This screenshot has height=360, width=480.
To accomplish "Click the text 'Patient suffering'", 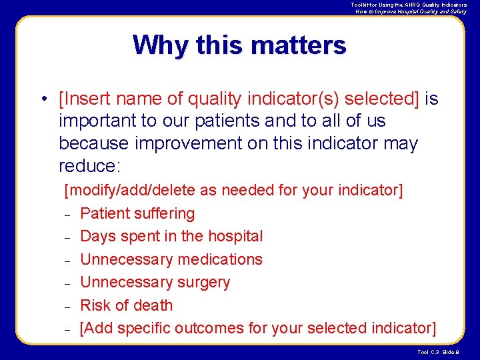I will [x=137, y=213].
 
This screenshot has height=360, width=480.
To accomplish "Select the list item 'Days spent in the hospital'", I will [x=171, y=236].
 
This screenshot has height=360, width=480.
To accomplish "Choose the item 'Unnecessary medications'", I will [x=171, y=259].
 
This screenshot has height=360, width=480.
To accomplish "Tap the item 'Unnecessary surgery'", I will [x=155, y=282].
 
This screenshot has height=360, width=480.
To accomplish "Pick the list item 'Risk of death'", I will [x=126, y=305].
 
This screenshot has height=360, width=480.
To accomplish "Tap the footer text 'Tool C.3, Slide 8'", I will [x=439, y=352].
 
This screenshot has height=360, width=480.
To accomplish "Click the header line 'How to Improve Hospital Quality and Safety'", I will [x=411, y=11].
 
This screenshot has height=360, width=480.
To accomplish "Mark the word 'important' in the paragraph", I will [x=93, y=121].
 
